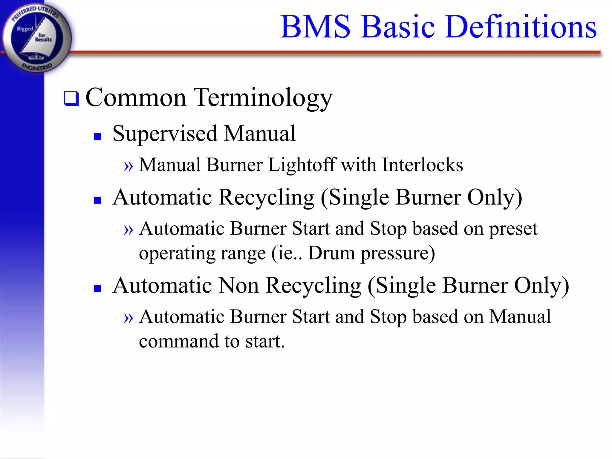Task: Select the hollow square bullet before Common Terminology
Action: [71, 99]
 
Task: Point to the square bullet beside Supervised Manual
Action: [97, 137]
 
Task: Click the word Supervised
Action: [165, 134]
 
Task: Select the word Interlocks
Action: [423, 165]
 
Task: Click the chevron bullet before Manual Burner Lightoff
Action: [128, 166]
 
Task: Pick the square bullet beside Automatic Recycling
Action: [97, 200]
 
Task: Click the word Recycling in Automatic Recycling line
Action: [267, 198]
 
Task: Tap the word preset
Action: [513, 229]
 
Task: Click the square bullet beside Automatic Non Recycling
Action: [97, 288]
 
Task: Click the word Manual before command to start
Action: [520, 316]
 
